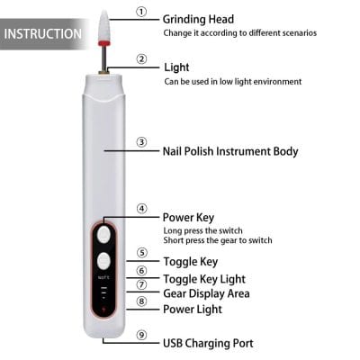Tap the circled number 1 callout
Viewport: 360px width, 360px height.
tap(141, 12)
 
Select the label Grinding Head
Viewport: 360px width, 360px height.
tap(198, 18)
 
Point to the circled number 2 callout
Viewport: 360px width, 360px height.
tap(141, 60)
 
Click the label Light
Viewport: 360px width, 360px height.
tap(176, 67)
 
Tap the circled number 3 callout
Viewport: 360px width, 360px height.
tap(141, 142)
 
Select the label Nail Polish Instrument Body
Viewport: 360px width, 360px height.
tap(229, 151)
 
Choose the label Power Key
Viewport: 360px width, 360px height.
tap(188, 217)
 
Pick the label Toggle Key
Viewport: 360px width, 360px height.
tap(190, 262)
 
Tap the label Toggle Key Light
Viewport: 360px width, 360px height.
tap(203, 279)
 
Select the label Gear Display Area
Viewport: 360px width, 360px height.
tap(206, 294)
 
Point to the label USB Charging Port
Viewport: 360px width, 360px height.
tap(208, 343)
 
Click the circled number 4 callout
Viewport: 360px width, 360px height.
tap(141, 209)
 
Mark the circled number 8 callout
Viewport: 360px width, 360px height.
tap(141, 301)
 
